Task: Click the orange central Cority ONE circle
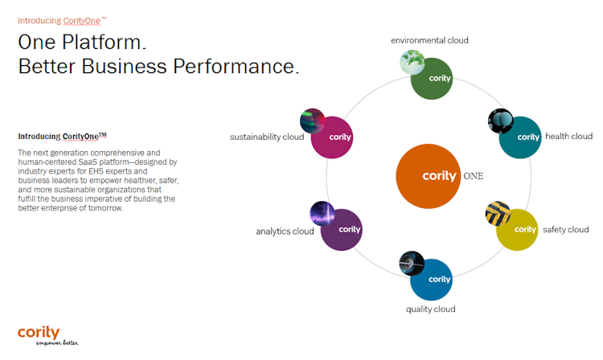point(427,175)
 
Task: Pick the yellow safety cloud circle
point(517,231)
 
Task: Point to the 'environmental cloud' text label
point(429,40)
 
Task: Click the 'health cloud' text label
point(568,137)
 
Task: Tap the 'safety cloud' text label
point(565,230)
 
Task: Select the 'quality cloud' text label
point(430,309)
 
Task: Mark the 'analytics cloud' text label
point(285,231)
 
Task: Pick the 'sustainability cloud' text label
point(267,137)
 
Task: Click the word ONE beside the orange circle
point(474,175)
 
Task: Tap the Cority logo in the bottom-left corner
point(39,333)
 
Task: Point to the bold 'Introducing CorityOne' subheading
point(62,137)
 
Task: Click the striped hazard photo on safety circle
point(498,214)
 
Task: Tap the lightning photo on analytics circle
point(322,214)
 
